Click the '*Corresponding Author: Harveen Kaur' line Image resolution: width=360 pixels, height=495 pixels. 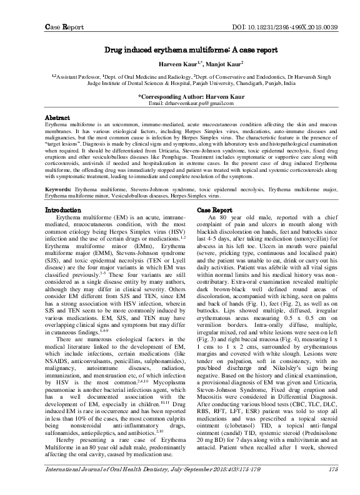pos(179,96)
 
